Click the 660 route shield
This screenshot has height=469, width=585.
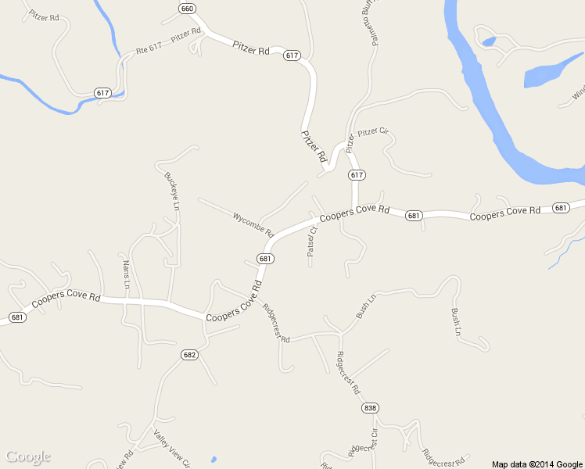pyautogui.click(x=186, y=9)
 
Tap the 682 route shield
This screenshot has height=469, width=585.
pyautogui.click(x=189, y=354)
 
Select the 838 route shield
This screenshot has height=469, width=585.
pyautogui.click(x=370, y=408)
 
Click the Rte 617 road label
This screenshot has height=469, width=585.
pyautogui.click(x=149, y=49)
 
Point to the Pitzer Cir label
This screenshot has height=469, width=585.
pyautogui.click(x=373, y=132)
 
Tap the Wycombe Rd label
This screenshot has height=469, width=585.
pyautogui.click(x=253, y=224)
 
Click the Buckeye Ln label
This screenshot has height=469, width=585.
pyautogui.click(x=172, y=191)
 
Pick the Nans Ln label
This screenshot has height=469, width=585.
pyautogui.click(x=125, y=273)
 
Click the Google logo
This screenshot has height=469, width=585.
pyautogui.click(x=27, y=456)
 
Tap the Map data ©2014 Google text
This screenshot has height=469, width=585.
pyautogui.click(x=537, y=464)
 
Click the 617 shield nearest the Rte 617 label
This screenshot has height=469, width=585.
pyautogui.click(x=103, y=92)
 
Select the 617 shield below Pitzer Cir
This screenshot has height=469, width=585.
pyautogui.click(x=357, y=174)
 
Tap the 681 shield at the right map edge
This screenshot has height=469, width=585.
pyautogui.click(x=560, y=207)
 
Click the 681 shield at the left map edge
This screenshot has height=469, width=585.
pyautogui.click(x=17, y=317)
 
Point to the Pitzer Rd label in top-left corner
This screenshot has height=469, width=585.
pyautogui.click(x=43, y=16)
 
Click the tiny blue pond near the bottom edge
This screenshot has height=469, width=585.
pyautogui.click(x=213, y=459)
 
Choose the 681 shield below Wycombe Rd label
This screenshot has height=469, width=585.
pyautogui.click(x=265, y=259)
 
